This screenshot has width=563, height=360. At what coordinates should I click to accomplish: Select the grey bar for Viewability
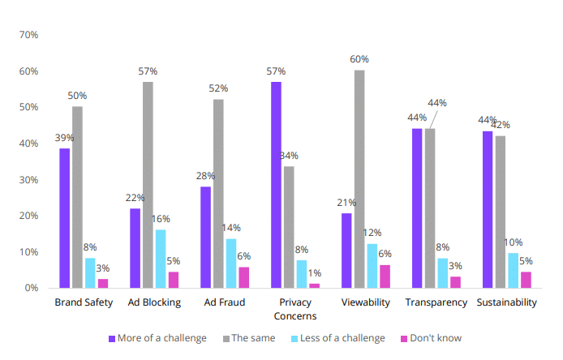click(359, 179)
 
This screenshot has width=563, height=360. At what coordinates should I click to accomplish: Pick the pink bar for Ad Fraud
click(244, 277)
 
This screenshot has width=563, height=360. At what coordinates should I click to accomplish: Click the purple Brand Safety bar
click(64, 218)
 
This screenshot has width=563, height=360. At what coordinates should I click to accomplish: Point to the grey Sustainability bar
click(501, 212)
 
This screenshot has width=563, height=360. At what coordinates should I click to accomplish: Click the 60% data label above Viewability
click(359, 59)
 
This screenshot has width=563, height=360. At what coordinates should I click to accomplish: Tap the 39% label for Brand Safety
click(64, 138)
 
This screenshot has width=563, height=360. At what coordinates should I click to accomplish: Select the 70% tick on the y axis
click(28, 36)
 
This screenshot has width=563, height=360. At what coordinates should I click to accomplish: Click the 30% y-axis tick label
click(28, 180)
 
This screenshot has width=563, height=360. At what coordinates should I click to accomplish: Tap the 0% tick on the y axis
click(31, 288)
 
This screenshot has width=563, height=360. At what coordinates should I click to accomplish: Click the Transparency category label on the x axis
click(436, 302)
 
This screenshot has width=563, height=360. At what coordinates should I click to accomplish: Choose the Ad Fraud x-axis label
click(225, 302)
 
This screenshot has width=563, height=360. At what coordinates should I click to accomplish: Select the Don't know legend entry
click(436, 337)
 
